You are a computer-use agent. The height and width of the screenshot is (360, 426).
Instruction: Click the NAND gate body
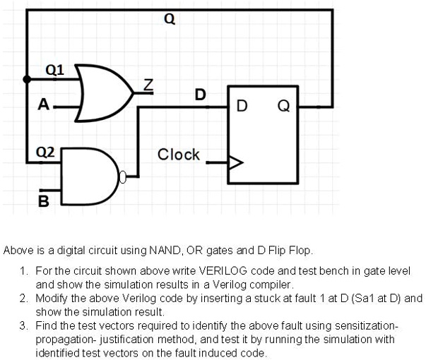pyautogui.click(x=89, y=176)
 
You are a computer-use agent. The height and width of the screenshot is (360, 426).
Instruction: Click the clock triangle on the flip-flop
pyautogui.click(x=235, y=163)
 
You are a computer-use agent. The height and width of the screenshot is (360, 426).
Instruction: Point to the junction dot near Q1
pyautogui.click(x=27, y=80)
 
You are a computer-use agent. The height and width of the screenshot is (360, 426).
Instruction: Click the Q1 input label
pyautogui.click(x=54, y=69)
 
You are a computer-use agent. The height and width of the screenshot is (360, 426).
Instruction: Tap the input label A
pyautogui.click(x=44, y=105)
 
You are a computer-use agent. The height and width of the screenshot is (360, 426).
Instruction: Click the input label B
pyautogui.click(x=43, y=203)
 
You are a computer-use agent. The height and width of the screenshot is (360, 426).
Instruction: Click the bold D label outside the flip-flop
pyautogui.click(x=201, y=95)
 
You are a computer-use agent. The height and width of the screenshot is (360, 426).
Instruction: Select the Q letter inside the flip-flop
pyautogui.click(x=284, y=107)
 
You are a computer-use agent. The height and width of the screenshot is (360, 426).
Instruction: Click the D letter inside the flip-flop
pyautogui.click(x=242, y=107)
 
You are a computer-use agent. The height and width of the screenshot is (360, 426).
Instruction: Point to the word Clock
pyautogui.click(x=178, y=155)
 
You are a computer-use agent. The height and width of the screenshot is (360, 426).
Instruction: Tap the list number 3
pyautogui.click(x=23, y=325)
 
